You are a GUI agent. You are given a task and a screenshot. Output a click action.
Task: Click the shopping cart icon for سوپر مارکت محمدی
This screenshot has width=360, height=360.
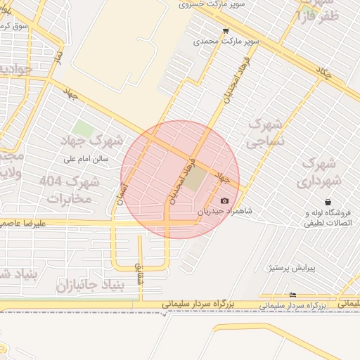[226, 31]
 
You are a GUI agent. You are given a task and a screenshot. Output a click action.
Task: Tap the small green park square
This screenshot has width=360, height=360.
[83, 129]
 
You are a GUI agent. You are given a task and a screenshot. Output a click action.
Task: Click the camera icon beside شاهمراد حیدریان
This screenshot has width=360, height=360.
[225, 201]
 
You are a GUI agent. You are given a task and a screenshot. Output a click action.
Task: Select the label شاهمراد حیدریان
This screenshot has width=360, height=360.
[224, 210]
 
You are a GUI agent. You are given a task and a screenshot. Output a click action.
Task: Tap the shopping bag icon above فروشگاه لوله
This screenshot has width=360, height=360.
[328, 202]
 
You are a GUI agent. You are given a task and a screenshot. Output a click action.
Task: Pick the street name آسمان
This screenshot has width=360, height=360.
[124, 191]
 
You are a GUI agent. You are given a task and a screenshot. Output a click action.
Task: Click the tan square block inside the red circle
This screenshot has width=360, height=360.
[196, 179]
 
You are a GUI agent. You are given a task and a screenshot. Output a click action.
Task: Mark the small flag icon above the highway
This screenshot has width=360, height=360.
[292, 295]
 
